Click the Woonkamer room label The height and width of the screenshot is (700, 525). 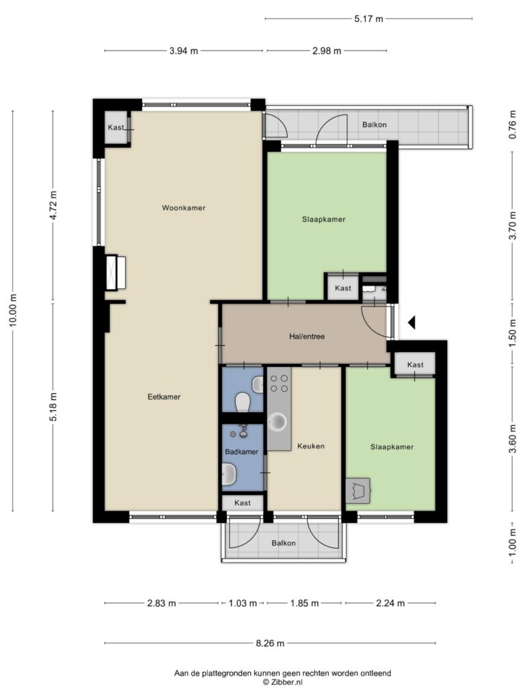click(x=183, y=208)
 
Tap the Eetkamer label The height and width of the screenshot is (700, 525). click(x=164, y=396)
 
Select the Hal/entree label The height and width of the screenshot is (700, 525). click(x=307, y=336)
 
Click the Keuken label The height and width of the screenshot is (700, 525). click(x=311, y=446)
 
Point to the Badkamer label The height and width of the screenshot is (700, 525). click(x=241, y=451)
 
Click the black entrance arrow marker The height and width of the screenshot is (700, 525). click(x=412, y=323)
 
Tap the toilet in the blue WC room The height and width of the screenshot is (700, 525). click(x=243, y=401)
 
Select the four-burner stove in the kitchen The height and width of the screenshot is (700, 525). click(x=279, y=383)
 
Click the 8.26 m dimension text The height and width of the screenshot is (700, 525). click(x=269, y=643)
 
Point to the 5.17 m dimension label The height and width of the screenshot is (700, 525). click(x=368, y=18)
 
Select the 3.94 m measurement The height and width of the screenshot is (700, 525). click(x=183, y=51)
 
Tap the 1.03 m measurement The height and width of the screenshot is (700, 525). click(x=243, y=604)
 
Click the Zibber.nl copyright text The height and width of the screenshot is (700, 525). click(x=282, y=682)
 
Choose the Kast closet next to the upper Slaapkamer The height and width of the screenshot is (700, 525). click(x=343, y=288)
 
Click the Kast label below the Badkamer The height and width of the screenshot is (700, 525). click(x=243, y=502)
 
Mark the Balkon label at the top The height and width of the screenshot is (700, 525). click(x=374, y=124)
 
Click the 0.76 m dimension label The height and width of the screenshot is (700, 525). click(x=513, y=124)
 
